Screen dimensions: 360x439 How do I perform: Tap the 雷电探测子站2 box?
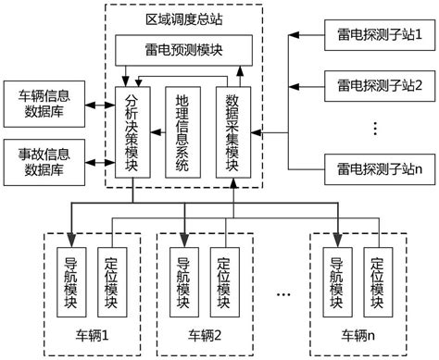(x=380, y=85)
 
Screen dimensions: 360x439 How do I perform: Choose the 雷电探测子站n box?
(x=380, y=168)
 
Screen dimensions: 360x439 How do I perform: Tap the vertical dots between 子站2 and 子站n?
(x=379, y=127)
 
